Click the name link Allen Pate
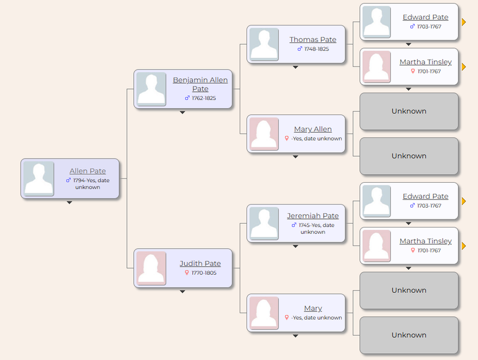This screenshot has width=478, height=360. coord(88,171)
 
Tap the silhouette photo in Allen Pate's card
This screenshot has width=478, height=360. coord(39,178)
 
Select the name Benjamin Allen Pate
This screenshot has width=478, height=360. coord(200,84)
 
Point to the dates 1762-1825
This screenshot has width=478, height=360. coord(204,98)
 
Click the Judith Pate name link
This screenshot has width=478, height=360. coord(200,264)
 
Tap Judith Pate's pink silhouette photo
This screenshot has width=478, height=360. coord(151,268)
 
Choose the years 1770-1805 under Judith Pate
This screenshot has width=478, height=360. coord(204,273)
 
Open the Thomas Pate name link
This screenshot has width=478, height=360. coord(313,40)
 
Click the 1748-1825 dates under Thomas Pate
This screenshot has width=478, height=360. coord(316,49)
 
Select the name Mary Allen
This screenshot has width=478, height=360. coord(313,129)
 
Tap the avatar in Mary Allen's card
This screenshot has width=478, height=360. coord(264,134)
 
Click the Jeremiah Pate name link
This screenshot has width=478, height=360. coord(313,216)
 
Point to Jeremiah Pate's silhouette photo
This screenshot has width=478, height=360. coord(264,223)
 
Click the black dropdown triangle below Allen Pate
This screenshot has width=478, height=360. coord(70,203)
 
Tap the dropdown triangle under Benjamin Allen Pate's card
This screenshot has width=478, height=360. coord(182,113)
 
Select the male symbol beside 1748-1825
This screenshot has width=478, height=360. coord(299,48)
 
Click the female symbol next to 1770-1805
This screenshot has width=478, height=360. coord(187,272)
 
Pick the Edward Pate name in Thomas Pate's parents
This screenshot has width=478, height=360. coord(426,17)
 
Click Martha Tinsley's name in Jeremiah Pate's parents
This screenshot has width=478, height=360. coord(426,241)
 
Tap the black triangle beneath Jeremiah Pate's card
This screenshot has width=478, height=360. coord(296,246)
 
